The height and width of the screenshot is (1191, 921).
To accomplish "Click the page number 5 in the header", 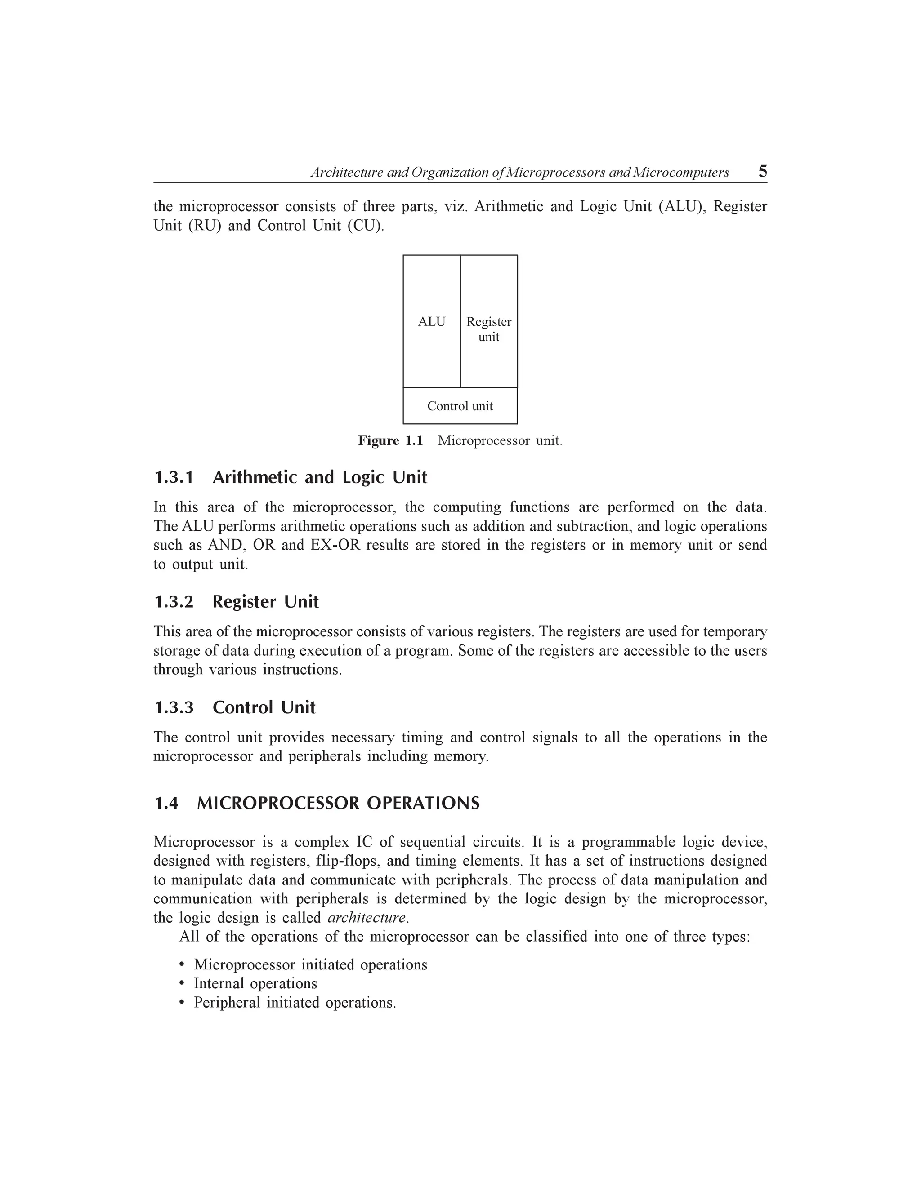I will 762,172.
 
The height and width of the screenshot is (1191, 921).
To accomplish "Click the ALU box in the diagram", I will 432,322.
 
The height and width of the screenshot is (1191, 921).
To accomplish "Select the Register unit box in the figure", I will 489,329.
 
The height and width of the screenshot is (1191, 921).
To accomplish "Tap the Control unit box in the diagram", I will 460,406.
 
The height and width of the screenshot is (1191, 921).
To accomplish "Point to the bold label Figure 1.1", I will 390,440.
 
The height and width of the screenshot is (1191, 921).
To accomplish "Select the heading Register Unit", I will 265,602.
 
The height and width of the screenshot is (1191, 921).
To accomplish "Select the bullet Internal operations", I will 255,984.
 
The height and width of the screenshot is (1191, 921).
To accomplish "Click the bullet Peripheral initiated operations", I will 295,1003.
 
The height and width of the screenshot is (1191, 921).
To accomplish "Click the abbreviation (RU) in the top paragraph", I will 205,226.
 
